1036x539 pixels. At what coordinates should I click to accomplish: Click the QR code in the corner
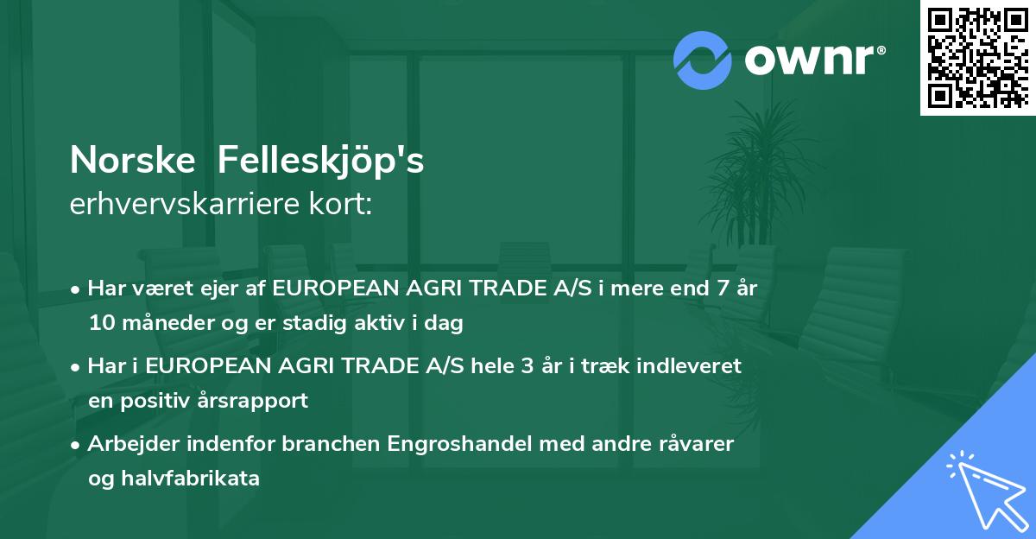(978, 57)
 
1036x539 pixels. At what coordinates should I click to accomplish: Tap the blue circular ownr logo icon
(703, 60)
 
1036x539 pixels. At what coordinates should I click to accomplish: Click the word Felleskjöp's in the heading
(321, 161)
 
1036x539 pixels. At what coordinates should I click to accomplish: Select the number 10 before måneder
(100, 324)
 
